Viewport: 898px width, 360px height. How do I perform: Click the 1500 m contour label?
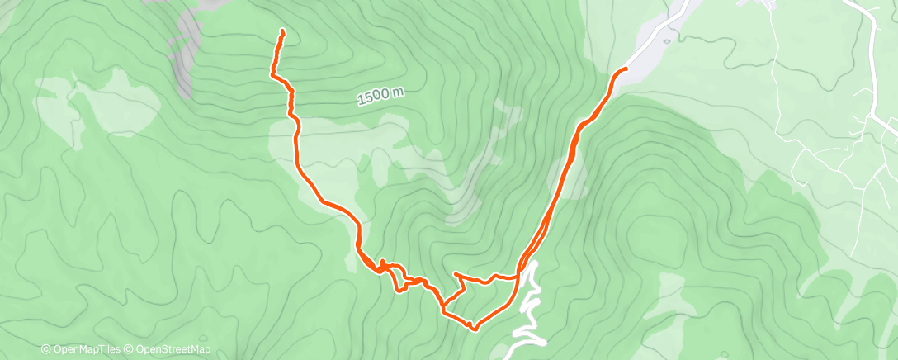click(x=380, y=97)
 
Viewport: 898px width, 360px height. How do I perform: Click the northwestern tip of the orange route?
click(x=282, y=31)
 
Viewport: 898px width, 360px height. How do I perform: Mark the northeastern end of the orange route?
click(x=625, y=69)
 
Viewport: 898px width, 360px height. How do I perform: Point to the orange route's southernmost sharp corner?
click(x=474, y=329)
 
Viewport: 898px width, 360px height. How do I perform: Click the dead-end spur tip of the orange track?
click(x=456, y=273)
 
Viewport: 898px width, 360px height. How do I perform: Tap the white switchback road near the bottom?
click(x=529, y=314)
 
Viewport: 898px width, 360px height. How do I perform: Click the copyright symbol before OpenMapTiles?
click(x=45, y=350)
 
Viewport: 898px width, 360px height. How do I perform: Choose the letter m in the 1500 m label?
click(x=398, y=92)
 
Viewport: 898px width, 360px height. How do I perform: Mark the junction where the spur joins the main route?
click(x=518, y=275)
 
